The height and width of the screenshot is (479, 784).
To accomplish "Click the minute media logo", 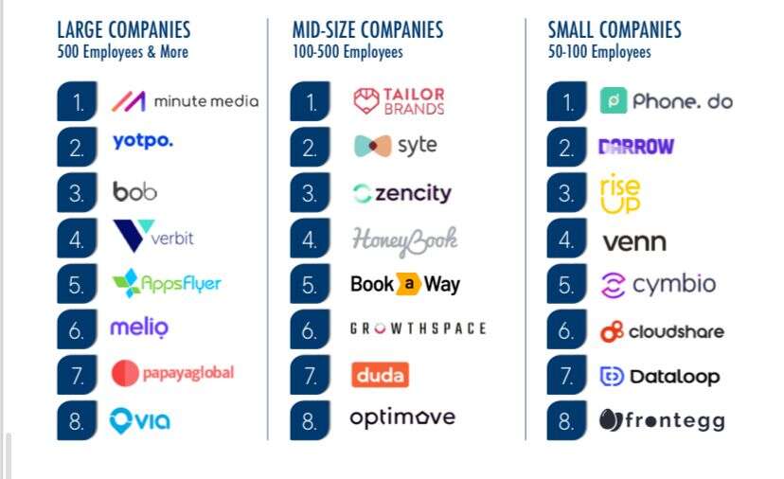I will click(185, 101).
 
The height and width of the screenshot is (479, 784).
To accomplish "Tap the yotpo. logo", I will click(142, 142).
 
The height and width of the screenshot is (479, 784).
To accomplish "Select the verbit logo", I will click(152, 236).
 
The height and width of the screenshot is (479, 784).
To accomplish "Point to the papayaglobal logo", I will click(172, 373).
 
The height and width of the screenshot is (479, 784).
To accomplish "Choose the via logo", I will click(140, 419).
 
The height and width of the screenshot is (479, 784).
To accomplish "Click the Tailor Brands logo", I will click(398, 101).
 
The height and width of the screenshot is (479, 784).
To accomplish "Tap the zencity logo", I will click(401, 194).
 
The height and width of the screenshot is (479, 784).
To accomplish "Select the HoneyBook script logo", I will click(404, 239).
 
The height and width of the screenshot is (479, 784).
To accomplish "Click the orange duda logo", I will click(379, 375).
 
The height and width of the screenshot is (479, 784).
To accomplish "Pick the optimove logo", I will click(402, 417).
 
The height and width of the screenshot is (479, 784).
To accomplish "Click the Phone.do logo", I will click(666, 101).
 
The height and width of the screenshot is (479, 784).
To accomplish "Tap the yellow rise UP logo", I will click(620, 193).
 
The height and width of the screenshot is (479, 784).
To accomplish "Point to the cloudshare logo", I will click(662, 331).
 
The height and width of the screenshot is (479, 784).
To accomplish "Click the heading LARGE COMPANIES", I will click(123, 30).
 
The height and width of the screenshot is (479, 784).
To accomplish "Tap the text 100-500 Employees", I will click(347, 52).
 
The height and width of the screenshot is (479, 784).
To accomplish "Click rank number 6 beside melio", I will click(77, 331).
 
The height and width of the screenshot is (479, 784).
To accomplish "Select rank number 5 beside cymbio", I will click(566, 285).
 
